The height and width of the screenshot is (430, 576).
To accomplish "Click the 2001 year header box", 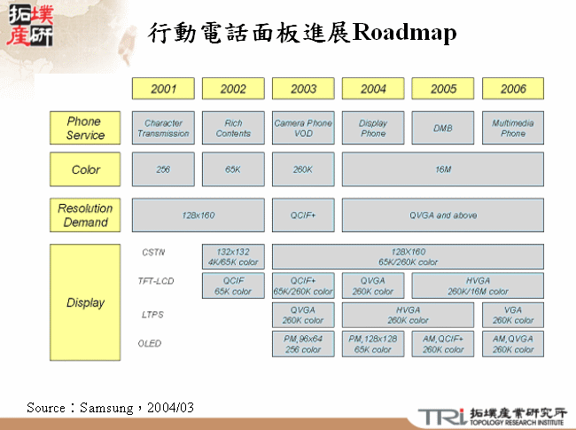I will tap(163, 89).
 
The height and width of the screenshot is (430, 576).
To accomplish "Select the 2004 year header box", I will tap(373, 89).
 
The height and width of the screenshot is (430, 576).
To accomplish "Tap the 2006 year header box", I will tap(513, 89).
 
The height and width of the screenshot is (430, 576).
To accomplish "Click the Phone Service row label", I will tap(85, 129).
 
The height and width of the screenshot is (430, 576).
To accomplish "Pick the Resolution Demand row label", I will tap(85, 215).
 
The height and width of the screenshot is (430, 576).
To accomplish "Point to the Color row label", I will tap(85, 169).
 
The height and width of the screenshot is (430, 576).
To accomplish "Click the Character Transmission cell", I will tap(163, 129).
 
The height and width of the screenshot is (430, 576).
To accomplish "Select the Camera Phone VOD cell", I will tap(303, 129).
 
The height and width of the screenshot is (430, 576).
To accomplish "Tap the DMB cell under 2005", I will tap(443, 129).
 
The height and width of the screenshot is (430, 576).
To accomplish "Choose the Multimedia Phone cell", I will tap(513, 129).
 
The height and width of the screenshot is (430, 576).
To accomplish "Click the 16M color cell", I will tap(443, 169).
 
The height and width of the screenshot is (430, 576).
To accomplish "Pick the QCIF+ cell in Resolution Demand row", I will tap(303, 215).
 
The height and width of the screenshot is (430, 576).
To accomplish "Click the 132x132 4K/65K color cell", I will tap(233, 257).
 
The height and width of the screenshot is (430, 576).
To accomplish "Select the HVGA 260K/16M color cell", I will tap(478, 285).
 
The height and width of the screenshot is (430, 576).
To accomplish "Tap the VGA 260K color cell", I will tap(513, 315).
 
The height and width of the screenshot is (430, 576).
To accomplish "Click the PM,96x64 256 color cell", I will tap(303, 344).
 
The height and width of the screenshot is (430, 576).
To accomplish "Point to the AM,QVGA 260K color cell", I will tap(513, 344).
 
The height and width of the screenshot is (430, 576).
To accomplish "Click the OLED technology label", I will tap(150, 343).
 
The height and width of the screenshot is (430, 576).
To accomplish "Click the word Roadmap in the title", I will tap(404, 34).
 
